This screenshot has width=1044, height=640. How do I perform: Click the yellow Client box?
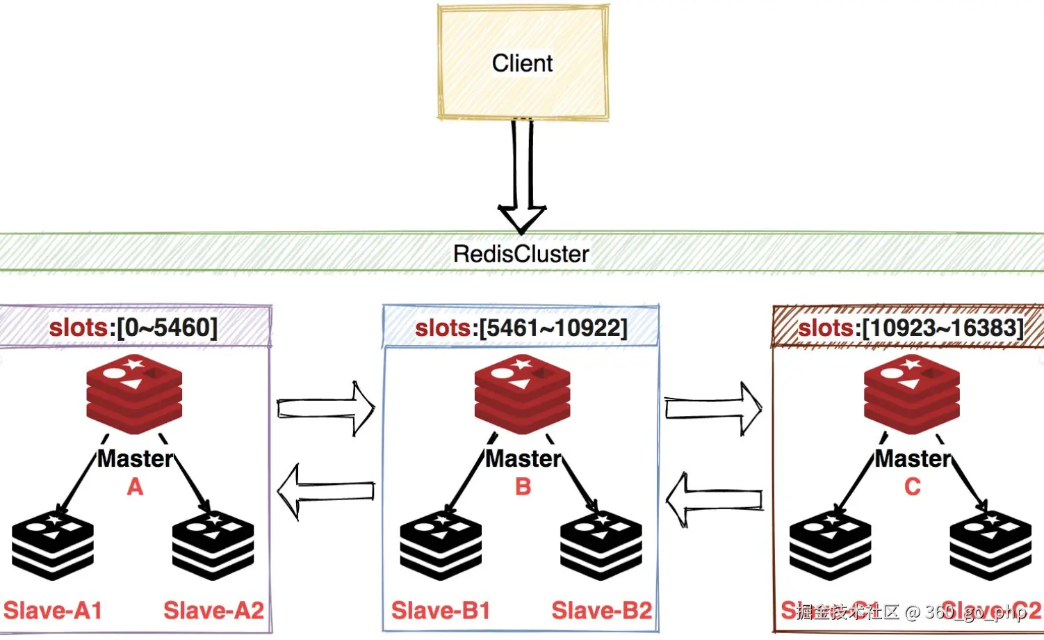pyautogui.click(x=523, y=63)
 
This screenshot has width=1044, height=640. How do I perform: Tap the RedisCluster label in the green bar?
pyautogui.click(x=521, y=254)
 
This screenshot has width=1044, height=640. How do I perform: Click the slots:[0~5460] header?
pyautogui.click(x=133, y=327)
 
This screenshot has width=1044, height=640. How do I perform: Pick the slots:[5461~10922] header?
pyautogui.click(x=521, y=328)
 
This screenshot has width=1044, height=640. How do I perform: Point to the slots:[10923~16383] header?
pyautogui.click(x=911, y=328)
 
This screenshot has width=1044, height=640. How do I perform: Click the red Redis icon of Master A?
pyautogui.click(x=134, y=393)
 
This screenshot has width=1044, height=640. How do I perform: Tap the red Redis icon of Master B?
pyautogui.click(x=522, y=393)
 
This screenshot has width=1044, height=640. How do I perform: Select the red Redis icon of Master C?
pyautogui.click(x=911, y=393)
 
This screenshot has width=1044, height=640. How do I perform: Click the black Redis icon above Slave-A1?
pyautogui.click(x=53, y=546)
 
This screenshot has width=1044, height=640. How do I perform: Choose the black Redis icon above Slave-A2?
pyautogui.click(x=213, y=546)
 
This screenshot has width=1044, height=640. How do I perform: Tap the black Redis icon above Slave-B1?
pyautogui.click(x=441, y=546)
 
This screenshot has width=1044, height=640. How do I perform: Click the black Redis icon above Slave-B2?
pyautogui.click(x=601, y=546)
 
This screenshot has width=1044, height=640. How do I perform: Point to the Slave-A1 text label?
pyautogui.click(x=53, y=611)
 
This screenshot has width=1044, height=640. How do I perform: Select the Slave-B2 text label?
pyautogui.click(x=602, y=611)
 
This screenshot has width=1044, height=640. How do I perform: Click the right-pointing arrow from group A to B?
pyautogui.click(x=326, y=408)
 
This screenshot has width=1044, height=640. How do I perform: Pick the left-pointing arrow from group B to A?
pyautogui.click(x=326, y=491)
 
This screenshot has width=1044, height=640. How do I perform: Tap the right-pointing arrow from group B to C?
pyautogui.click(x=713, y=408)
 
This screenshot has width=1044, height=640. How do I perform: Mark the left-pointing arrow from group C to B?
pyautogui.click(x=714, y=499)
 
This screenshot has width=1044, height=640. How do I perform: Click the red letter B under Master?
pyautogui.click(x=523, y=486)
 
